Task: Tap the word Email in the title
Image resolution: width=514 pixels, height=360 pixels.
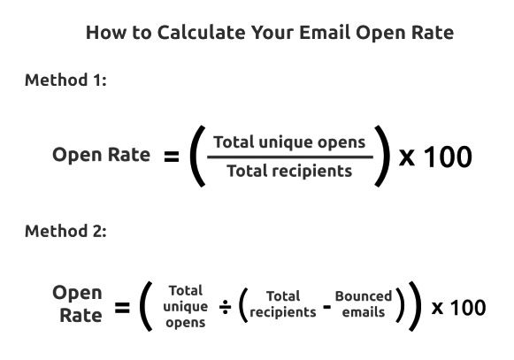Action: [x=325, y=33]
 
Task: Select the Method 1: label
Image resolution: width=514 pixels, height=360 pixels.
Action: [x=65, y=80]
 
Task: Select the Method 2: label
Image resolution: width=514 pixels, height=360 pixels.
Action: [x=65, y=231]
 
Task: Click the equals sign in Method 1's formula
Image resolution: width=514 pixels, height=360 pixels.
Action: [x=172, y=157]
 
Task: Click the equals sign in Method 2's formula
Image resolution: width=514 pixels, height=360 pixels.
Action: [x=122, y=308]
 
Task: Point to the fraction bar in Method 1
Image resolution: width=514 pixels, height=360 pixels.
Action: [x=290, y=157]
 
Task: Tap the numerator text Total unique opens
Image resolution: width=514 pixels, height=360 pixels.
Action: [x=289, y=142]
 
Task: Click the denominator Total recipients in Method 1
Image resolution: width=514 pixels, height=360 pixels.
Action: [x=289, y=171]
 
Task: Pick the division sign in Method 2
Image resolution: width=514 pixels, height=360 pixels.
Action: [x=226, y=307]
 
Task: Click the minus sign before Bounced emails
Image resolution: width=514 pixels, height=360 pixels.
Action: [x=326, y=307]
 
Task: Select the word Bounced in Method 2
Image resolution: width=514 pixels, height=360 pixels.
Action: [x=364, y=296]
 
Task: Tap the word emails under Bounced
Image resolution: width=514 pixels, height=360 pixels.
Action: [x=364, y=312]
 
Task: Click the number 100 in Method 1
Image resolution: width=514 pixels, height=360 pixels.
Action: [x=449, y=157]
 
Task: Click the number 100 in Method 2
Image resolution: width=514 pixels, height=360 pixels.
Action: [x=468, y=308]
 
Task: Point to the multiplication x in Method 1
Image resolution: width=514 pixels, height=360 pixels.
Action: [x=407, y=157]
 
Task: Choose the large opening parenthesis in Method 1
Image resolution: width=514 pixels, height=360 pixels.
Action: [x=197, y=156]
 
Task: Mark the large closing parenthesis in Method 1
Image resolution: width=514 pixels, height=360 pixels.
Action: [x=382, y=156]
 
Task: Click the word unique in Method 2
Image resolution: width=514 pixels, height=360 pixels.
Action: [x=186, y=307]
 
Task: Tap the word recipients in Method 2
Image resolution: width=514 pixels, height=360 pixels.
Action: [x=283, y=312]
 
